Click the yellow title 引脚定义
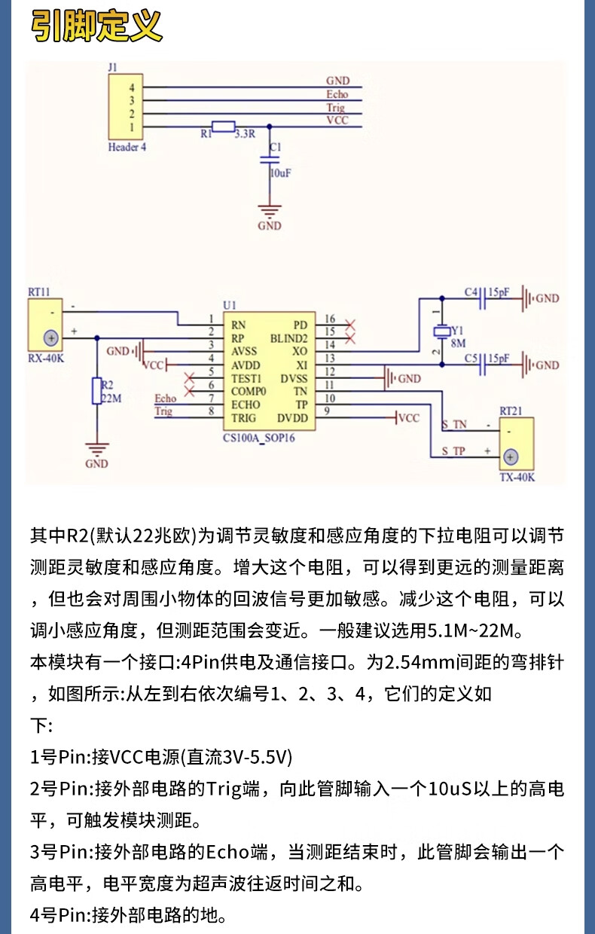(96, 26)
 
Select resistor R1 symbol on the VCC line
(224, 127)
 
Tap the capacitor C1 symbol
(270, 160)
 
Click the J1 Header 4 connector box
(126, 107)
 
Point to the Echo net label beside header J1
(337, 94)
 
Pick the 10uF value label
(281, 172)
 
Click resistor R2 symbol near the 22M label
(96, 391)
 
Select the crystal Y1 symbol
(442, 331)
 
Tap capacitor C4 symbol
(483, 298)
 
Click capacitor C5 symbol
(483, 365)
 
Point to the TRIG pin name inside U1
(244, 418)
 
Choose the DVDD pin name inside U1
(292, 418)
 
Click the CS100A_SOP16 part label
(259, 438)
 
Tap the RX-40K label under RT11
(46, 359)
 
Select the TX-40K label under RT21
(517, 478)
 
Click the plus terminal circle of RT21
(511, 457)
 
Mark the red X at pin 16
(350, 325)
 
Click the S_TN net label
(454, 425)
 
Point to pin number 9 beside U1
(327, 411)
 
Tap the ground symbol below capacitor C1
(270, 211)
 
